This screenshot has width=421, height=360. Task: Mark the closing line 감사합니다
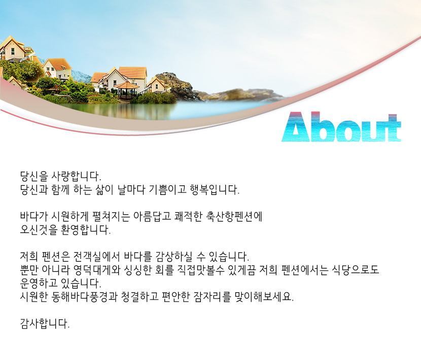point(45,323)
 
